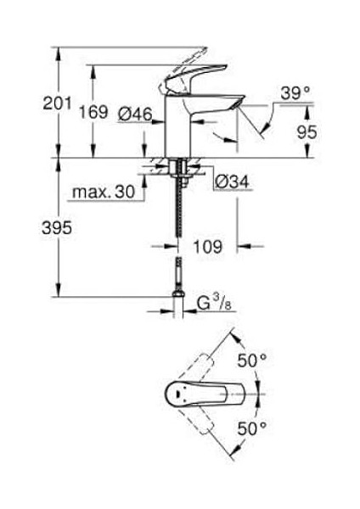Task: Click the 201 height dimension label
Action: pos(57,103)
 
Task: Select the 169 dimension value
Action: pos(93,112)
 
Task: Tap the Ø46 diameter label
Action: pos(135,115)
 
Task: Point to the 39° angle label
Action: pos(295,93)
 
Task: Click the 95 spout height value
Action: pos(307,132)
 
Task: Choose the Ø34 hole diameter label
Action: pos(232,182)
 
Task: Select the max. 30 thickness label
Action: pos(104,193)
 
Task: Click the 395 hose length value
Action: pos(57,227)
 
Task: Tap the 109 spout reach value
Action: pos(208,247)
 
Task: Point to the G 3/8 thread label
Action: pos(214,303)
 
